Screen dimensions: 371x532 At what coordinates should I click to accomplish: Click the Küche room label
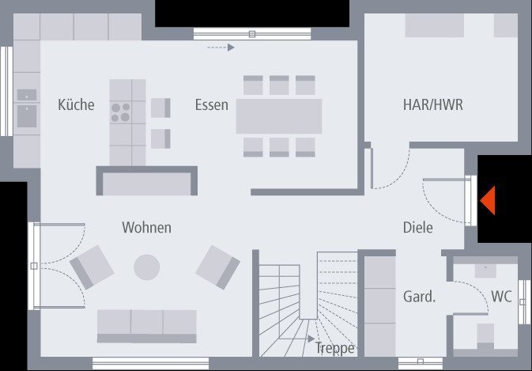click(76, 104)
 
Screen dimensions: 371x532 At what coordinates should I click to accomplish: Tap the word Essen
click(212, 104)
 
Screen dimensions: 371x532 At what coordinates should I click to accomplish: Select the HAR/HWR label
click(432, 104)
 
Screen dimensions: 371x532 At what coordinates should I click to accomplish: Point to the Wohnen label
click(146, 228)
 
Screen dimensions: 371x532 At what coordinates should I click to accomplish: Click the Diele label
click(417, 228)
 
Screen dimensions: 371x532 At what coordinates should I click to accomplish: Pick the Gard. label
click(419, 297)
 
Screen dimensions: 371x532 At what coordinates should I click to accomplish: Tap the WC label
click(501, 297)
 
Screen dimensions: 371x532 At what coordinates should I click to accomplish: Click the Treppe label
click(335, 348)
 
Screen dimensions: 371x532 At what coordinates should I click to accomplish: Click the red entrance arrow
click(487, 199)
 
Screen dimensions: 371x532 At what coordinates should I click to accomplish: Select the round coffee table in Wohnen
click(146, 267)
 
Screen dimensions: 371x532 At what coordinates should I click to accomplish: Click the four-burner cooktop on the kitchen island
click(121, 112)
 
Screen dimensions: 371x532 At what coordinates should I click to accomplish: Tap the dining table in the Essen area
click(279, 116)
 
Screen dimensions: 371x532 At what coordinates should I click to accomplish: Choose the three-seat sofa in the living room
click(146, 325)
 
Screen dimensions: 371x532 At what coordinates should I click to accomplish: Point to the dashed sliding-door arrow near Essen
click(221, 47)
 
